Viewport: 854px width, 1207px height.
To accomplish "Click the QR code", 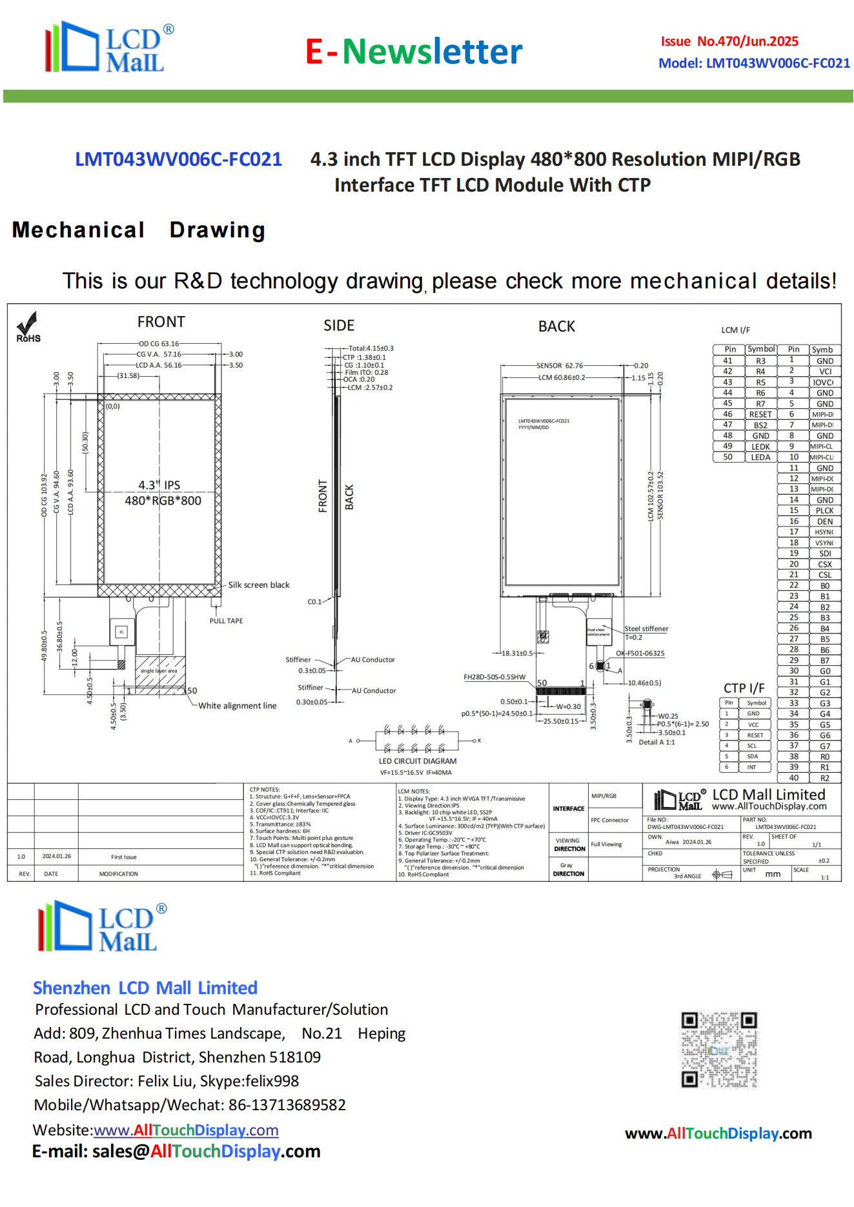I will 719,1050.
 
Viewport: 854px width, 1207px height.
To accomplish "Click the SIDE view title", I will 339,326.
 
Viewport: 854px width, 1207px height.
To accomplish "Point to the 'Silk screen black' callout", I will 259,585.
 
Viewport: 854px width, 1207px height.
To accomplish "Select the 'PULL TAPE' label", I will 226,621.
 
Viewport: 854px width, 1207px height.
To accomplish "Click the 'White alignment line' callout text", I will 237,706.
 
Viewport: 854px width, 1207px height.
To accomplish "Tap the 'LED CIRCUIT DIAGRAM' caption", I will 417,761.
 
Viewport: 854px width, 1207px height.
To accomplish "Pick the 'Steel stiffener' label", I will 646,628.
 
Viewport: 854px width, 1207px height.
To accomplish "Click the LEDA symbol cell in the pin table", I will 760,457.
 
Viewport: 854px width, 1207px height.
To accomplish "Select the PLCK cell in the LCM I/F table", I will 824,511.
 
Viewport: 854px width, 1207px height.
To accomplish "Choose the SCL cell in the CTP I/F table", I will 752,746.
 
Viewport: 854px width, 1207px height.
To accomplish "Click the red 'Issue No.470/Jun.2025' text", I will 729,41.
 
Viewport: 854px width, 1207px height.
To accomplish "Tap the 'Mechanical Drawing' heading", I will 139,230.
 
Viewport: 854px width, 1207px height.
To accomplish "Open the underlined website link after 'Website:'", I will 186,1130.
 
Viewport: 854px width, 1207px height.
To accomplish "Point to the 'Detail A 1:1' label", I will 656,743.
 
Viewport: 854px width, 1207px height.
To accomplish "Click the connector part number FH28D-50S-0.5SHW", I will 494,677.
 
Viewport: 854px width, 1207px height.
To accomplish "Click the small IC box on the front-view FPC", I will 121,632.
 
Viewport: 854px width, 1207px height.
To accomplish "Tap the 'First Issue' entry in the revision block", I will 123,857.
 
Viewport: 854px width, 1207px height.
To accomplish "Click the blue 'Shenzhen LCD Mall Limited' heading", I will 145,988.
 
